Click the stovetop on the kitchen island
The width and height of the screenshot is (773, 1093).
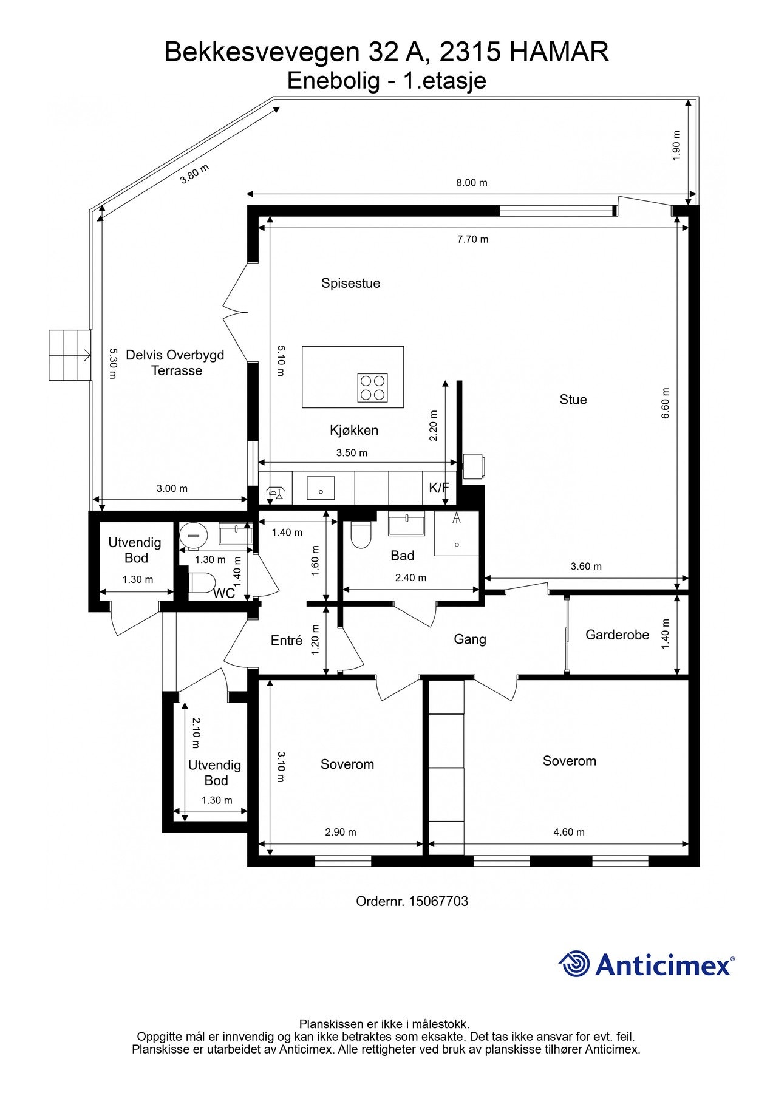pyautogui.click(x=373, y=387)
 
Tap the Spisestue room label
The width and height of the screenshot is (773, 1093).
pyautogui.click(x=351, y=283)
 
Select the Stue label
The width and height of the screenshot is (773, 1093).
pyautogui.click(x=573, y=400)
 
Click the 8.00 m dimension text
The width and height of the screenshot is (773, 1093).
pyautogui.click(x=472, y=183)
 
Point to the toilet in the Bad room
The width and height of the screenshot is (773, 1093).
pyautogui.click(x=361, y=534)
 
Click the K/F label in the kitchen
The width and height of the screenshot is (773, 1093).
pyautogui.click(x=439, y=488)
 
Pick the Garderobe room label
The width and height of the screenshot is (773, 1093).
pyautogui.click(x=618, y=635)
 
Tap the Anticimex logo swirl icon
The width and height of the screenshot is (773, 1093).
pyautogui.click(x=574, y=964)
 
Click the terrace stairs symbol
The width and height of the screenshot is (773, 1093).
pyautogui.click(x=70, y=355)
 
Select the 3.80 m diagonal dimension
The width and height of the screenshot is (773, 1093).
pyautogui.click(x=195, y=174)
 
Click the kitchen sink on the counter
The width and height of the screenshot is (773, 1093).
pyautogui.click(x=321, y=488)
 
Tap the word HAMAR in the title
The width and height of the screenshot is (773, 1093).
pyautogui.click(x=559, y=52)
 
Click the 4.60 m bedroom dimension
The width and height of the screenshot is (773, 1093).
pyautogui.click(x=569, y=833)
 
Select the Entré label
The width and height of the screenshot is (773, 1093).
pyautogui.click(x=287, y=641)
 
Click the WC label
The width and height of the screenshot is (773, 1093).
pyautogui.click(x=224, y=594)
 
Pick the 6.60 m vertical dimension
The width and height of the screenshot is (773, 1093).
pyautogui.click(x=666, y=403)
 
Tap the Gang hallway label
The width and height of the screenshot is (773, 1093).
pyautogui.click(x=470, y=639)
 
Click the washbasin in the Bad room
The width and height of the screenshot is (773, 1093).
pyautogui.click(x=406, y=524)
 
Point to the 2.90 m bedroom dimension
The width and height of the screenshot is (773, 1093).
pyautogui.click(x=341, y=833)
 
